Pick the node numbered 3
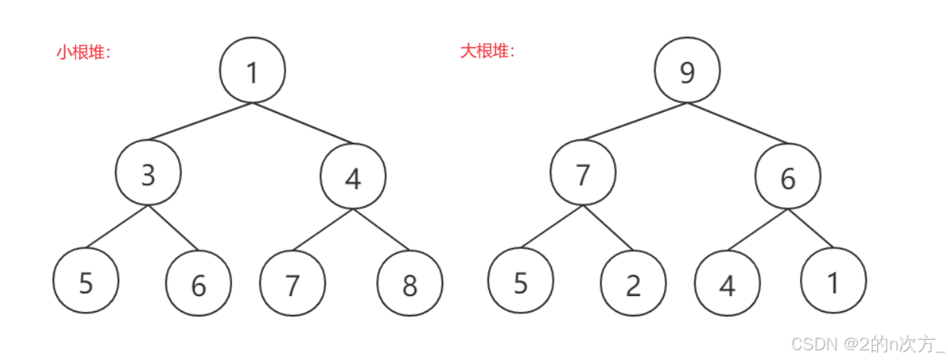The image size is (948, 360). (148, 174)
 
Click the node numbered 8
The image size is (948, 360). (409, 284)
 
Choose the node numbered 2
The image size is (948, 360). (633, 284)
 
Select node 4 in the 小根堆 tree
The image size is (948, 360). (352, 177)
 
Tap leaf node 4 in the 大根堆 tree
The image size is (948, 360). (726, 285)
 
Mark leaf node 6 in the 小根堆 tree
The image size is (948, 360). (198, 284)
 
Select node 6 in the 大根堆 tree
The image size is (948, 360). (787, 177)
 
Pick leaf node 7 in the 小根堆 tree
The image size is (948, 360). (292, 284)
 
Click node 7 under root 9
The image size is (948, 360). (582, 174)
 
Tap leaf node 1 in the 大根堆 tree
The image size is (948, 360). (833, 281)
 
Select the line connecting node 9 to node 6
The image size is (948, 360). (737, 122)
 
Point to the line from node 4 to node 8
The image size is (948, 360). (382, 230)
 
